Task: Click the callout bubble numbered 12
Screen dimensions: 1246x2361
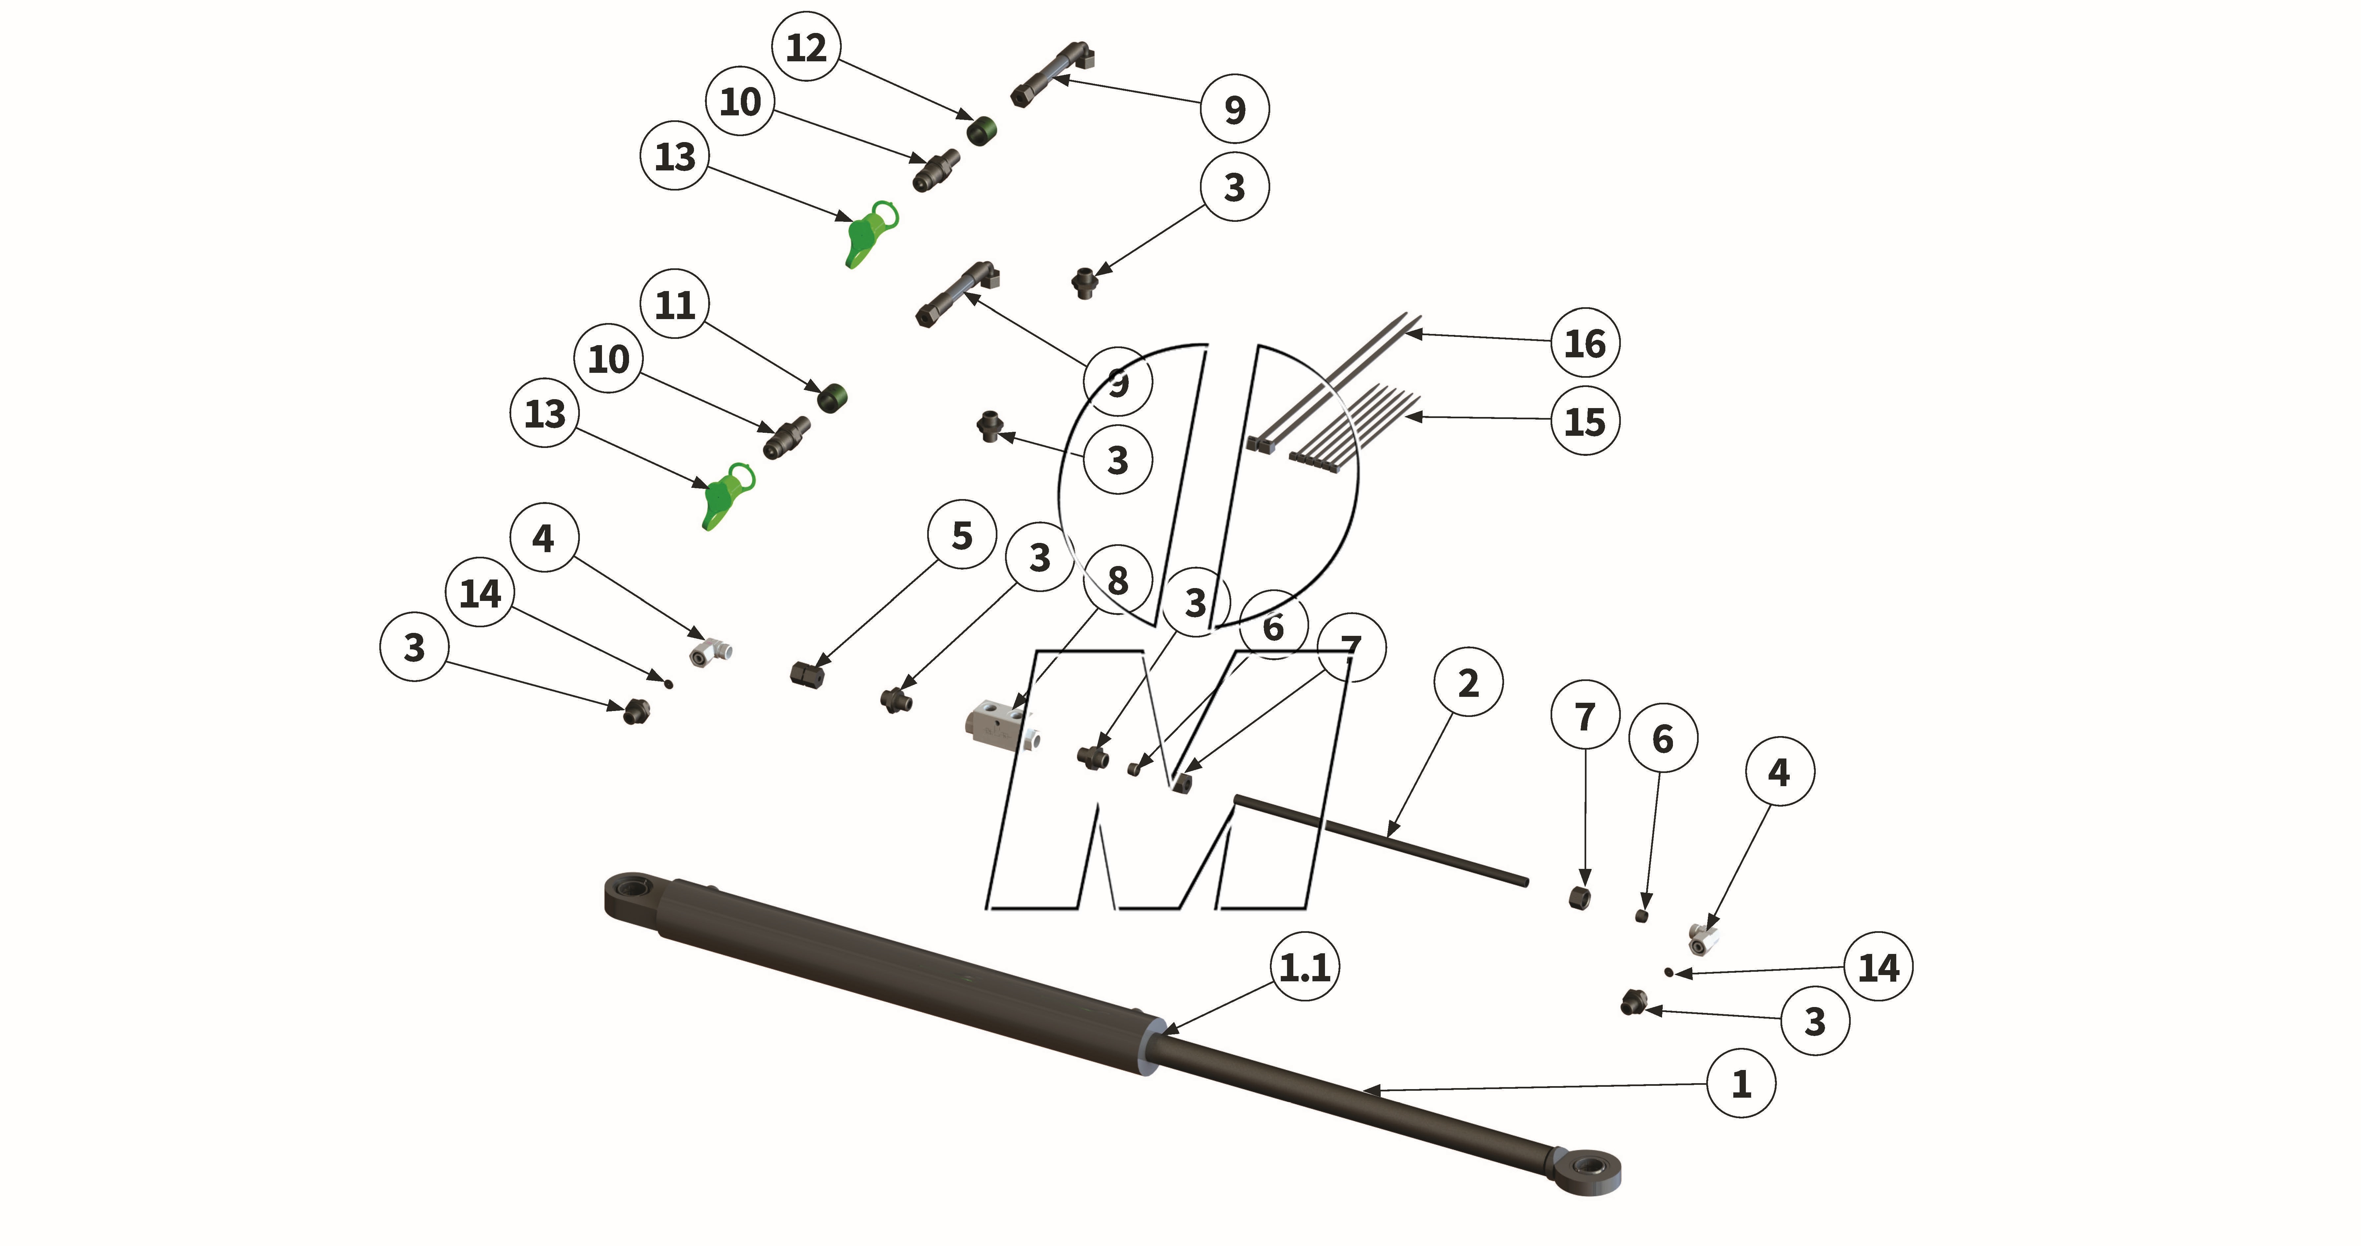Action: point(806,47)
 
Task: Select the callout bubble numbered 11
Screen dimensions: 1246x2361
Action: point(675,304)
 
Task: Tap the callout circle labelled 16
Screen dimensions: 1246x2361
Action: point(1585,343)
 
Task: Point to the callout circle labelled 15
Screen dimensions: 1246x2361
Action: point(1585,422)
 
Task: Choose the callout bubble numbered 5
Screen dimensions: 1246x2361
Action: point(961,535)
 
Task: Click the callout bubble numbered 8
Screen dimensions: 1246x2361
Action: point(1117,580)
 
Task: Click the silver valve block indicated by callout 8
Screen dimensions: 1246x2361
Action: point(999,724)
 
